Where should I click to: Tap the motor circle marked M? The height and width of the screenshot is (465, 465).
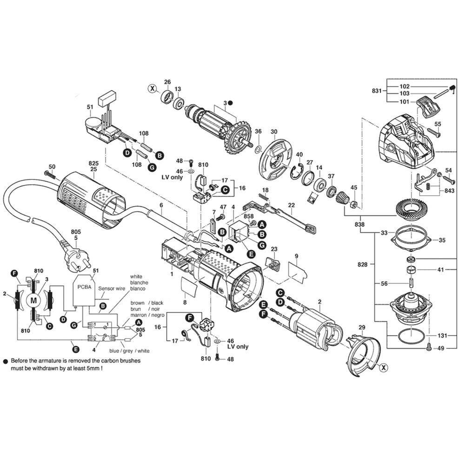33,300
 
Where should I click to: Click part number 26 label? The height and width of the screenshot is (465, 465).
167,82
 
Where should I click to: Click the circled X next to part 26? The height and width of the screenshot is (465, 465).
153,88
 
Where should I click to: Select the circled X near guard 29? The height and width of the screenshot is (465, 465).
384,368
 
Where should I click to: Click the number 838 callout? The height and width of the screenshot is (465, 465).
359,224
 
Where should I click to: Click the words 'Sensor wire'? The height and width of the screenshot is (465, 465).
112,288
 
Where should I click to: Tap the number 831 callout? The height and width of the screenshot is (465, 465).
377,91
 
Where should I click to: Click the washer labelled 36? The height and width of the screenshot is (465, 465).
258,148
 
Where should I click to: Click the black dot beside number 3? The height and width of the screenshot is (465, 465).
231,103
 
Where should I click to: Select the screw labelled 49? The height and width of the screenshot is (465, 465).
428,347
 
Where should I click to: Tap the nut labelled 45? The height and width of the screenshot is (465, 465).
354,204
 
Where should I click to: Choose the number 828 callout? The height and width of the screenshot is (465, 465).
362,264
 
